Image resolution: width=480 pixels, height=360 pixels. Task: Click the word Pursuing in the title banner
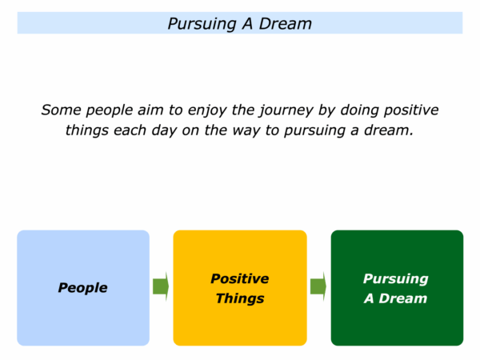tap(202, 24)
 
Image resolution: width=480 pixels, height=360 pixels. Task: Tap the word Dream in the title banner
tap(286, 23)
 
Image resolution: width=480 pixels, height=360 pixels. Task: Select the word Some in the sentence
tap(61, 110)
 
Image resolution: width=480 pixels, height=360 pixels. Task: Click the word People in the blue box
tap(82, 288)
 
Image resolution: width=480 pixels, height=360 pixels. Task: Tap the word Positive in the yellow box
tap(240, 278)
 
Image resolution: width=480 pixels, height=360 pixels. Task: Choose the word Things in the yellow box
tap(240, 298)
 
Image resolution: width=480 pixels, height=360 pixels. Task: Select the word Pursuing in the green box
tap(395, 279)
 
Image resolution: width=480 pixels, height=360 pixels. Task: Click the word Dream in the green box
tap(403, 298)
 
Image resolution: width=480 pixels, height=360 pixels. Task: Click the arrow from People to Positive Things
tap(161, 286)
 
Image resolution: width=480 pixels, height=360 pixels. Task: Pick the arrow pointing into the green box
tap(318, 286)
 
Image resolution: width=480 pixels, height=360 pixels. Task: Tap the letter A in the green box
tap(369, 298)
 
